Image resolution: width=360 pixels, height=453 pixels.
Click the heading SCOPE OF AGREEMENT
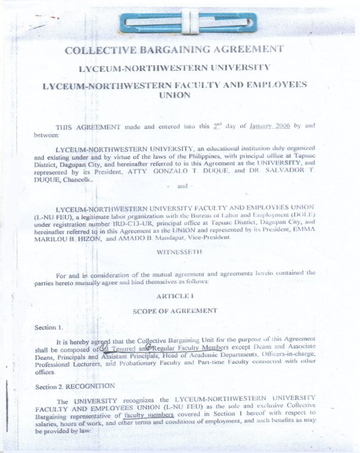click(175, 311)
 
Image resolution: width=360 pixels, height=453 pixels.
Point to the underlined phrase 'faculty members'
click(149, 415)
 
